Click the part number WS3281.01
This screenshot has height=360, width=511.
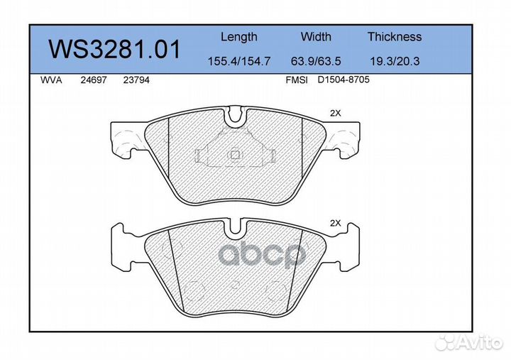pos(114,49)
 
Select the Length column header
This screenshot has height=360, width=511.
pos(239,37)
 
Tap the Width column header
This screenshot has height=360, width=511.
pos(316,36)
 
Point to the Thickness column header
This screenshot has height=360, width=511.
pos(395,36)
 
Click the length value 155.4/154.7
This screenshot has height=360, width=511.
pos(239,61)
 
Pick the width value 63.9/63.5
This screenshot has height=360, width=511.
pos(316,61)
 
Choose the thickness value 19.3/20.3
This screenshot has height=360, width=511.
pos(395,61)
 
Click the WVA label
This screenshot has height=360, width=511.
pos(51,80)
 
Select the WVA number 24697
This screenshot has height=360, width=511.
pos(94,80)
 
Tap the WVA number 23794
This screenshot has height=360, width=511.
pos(136,80)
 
